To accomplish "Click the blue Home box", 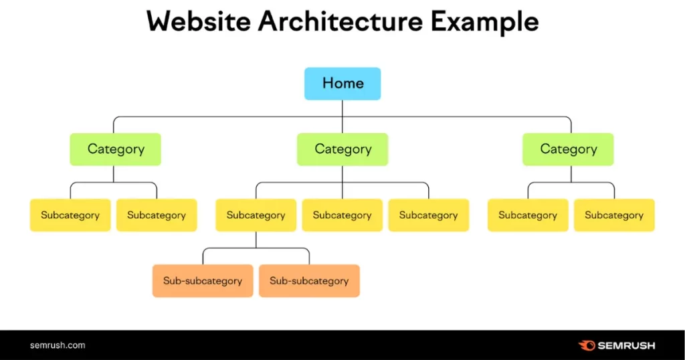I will click(x=342, y=84).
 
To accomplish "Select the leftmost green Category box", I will click(x=116, y=149).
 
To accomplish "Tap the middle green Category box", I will click(x=342, y=149).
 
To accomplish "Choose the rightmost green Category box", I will click(x=568, y=149).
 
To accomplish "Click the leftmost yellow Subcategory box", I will click(x=70, y=215).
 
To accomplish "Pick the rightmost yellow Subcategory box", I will click(x=614, y=215).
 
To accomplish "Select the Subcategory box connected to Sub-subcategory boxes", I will click(x=256, y=215).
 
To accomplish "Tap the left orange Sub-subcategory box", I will click(x=203, y=281).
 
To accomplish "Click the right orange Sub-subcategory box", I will click(x=309, y=281).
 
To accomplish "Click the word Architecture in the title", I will click(x=340, y=22).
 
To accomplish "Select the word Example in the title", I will click(x=486, y=22).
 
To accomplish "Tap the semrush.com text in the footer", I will click(x=58, y=345).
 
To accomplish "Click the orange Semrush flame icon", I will click(x=587, y=345).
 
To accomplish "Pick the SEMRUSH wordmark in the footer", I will click(x=627, y=345).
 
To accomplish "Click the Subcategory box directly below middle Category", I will click(x=342, y=215).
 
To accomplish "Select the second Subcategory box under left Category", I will click(x=157, y=215).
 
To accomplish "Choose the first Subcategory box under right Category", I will click(x=528, y=215).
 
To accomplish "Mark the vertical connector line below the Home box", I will click(x=342, y=109).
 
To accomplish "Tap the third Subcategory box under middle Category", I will click(x=428, y=215).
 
